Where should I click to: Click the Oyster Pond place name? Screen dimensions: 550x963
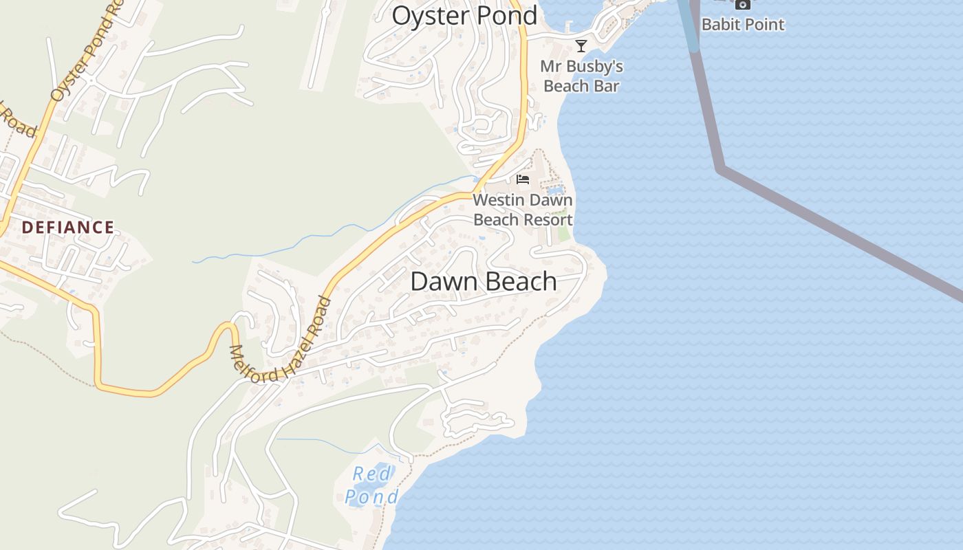coord(464,15)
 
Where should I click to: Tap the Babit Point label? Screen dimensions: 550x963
coord(742,25)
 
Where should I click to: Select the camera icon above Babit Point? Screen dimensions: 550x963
coord(742,4)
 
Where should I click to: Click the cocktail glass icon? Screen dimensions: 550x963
coord(581,46)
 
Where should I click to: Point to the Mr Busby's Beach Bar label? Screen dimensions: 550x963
coord(581,76)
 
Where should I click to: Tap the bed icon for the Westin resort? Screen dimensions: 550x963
coord(523,179)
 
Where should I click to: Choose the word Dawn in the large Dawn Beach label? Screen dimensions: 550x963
coord(445,281)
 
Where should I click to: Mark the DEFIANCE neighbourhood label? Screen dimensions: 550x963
coord(67,228)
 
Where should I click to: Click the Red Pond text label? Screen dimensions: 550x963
coord(371,485)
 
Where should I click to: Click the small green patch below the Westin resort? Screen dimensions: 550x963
coord(563,233)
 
